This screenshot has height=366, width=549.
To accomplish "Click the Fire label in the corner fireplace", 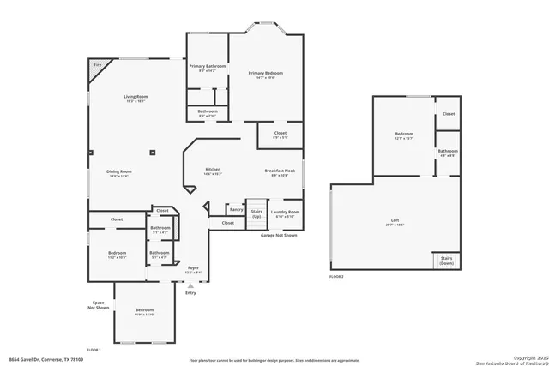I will click(97, 65).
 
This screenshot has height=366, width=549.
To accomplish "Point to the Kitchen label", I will click(213, 170).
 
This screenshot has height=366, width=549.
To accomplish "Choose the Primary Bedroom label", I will click(265, 74).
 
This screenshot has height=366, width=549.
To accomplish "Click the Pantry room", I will click(236, 209).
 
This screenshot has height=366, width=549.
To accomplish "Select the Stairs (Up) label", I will click(256, 213).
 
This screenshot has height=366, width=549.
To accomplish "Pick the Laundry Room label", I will click(285, 212).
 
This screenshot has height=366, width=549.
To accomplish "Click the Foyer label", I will click(193, 268).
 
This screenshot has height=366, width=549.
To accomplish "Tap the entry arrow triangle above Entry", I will click(190, 285).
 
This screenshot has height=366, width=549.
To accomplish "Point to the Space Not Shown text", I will click(101, 305).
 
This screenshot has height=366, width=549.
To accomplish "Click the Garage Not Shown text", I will click(279, 234).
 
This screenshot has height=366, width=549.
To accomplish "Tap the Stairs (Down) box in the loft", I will click(446, 260).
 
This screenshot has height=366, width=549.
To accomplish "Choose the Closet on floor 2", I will click(449, 113).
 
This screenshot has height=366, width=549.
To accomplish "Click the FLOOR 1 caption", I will click(94, 350).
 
